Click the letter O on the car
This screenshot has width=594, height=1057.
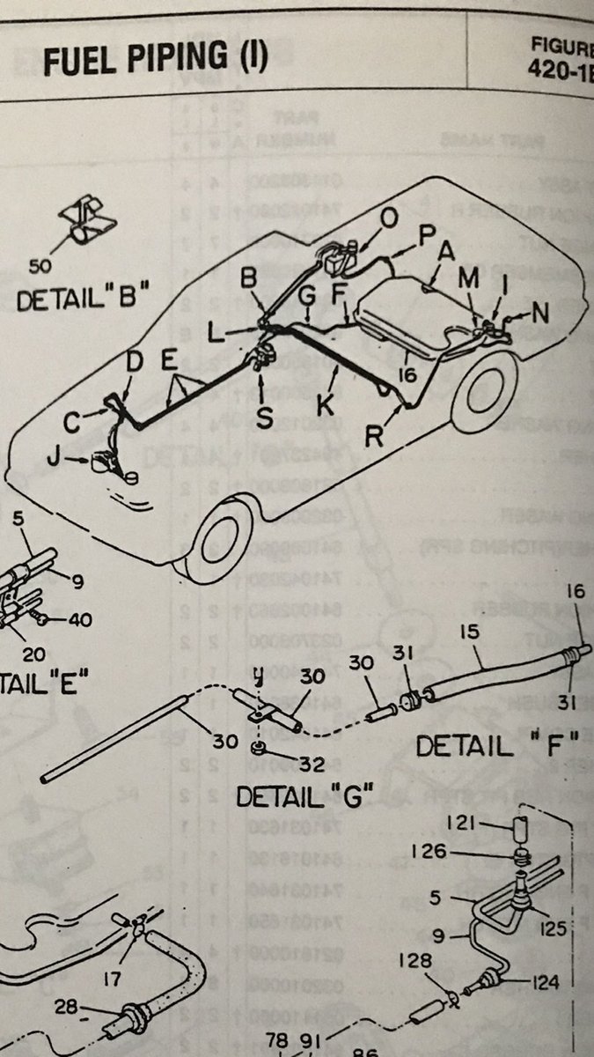click(x=389, y=217)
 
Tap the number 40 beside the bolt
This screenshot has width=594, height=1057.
click(x=80, y=619)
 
